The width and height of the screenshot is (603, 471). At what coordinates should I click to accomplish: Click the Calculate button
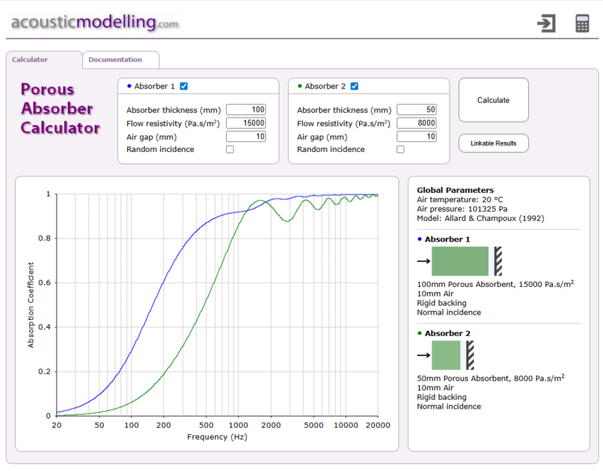coord(494,100)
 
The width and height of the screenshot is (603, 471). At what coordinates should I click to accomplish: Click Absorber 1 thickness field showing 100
coord(246,109)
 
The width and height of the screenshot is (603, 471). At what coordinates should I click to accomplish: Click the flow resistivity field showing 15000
coord(246,123)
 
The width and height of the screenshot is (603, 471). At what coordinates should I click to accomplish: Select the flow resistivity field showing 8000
coord(416,123)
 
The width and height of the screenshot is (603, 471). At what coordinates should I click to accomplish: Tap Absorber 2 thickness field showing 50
coord(416,109)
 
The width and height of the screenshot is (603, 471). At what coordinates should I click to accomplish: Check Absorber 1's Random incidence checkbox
coord(230,149)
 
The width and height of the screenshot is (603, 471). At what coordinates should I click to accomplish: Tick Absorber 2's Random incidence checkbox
coord(401,149)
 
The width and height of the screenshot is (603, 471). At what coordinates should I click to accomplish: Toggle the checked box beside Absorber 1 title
coord(184,86)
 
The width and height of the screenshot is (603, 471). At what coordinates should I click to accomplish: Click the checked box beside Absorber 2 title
coord(354,86)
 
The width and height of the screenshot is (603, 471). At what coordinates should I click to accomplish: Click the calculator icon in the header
coord(582,23)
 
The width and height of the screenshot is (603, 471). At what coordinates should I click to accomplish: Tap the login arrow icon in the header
coord(546,23)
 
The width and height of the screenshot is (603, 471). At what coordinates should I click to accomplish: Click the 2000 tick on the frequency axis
coord(271,425)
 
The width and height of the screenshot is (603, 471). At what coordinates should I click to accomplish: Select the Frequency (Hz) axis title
coord(217,437)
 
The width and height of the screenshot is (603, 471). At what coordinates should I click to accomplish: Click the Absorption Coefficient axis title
coord(31,305)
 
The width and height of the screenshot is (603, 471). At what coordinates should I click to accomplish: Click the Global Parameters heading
coord(455,190)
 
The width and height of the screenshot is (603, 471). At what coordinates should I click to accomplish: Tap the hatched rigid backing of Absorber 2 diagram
coord(470,355)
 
